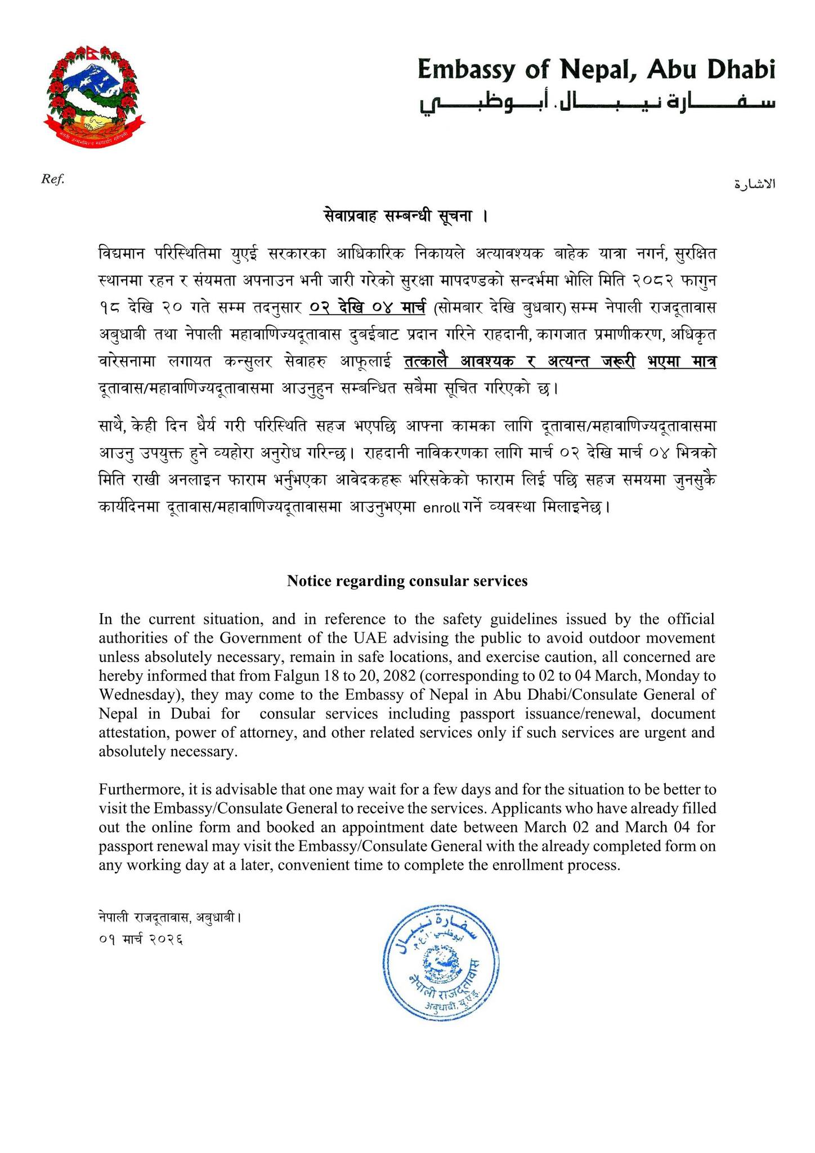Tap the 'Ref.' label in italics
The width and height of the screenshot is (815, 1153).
tap(52, 180)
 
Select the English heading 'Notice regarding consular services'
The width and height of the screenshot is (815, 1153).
tap(407, 581)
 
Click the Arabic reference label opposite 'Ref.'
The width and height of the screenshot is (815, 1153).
tap(755, 184)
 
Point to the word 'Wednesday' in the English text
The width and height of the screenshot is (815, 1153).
tap(131, 695)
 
